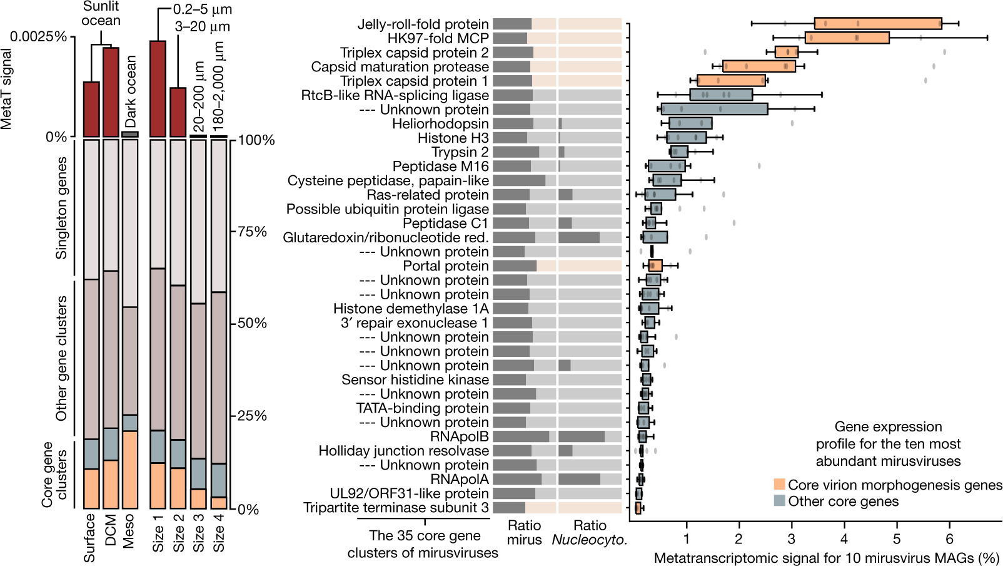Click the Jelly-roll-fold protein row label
(x=423, y=24)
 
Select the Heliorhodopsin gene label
(x=440, y=124)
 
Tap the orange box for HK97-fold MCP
(x=847, y=38)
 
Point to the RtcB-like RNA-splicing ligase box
(x=721, y=95)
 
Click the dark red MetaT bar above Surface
(x=91, y=109)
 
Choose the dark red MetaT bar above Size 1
(x=158, y=88)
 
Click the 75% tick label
(x=253, y=232)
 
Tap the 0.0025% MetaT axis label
(x=38, y=36)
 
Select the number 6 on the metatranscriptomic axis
(x=949, y=539)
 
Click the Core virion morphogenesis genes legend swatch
(x=779, y=485)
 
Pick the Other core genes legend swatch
(x=779, y=501)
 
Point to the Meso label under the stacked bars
(x=129, y=531)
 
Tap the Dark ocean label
(x=130, y=91)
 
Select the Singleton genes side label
(x=61, y=208)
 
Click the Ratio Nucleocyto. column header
(x=589, y=532)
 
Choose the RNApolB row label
(x=459, y=436)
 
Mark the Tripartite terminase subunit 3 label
(x=396, y=508)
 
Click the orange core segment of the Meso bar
(x=130, y=470)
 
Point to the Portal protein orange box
(x=655, y=266)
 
